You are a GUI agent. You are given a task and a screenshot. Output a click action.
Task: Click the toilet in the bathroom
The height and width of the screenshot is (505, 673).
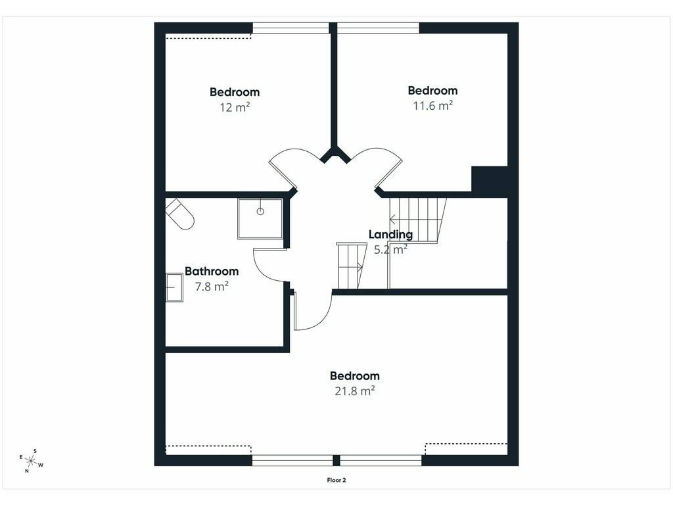tap(180, 214)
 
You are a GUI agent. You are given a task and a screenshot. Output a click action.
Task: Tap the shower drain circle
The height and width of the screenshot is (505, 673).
tap(260, 211)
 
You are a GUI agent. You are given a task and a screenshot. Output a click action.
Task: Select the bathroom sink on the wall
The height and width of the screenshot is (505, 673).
tap(174, 287)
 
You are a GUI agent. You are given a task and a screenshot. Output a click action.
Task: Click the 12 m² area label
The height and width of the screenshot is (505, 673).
tap(235, 107)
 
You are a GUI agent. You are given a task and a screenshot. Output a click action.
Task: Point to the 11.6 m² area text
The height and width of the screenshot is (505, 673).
tap(432, 105)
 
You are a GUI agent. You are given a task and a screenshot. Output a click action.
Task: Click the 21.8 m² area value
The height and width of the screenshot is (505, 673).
tap(354, 391)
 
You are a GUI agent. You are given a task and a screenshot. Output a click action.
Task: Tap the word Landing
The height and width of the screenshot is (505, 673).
tap(390, 235)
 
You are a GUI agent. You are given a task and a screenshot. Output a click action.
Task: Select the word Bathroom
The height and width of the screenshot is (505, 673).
tap(212, 271)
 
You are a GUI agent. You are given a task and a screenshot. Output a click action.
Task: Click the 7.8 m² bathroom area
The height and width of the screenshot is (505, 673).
tap(212, 287)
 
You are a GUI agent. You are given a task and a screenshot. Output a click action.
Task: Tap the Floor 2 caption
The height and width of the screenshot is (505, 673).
tap(336, 480)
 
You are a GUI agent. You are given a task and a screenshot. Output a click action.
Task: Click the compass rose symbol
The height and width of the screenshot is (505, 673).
tap(31, 461)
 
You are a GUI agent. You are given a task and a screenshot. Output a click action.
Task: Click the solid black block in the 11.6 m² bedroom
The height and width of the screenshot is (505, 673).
tap(490, 180)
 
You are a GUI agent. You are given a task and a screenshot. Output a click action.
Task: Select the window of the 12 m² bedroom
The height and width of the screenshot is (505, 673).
tap(290, 28)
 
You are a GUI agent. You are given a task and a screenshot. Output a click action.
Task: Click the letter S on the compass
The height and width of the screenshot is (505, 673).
tap(35, 451)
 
